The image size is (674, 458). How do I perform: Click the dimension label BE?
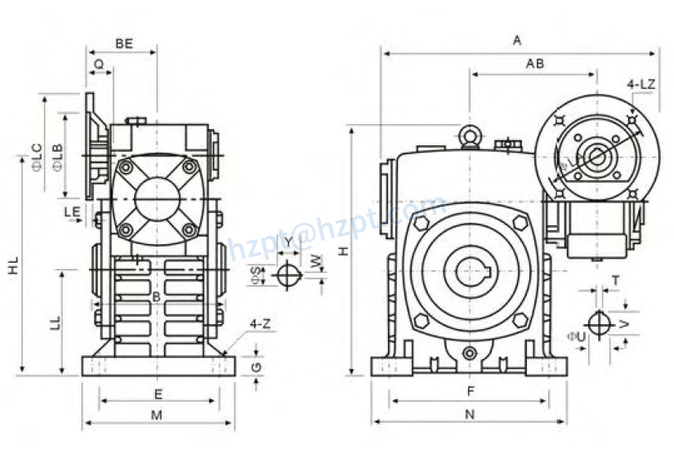tap(124, 44)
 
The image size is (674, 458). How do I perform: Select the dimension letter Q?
tap(99, 63)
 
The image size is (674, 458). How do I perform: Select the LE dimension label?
tap(72, 211)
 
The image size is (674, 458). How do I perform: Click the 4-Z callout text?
tap(261, 324)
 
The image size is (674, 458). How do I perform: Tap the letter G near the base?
tap(257, 367)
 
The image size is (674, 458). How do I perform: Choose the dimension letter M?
tap(157, 415)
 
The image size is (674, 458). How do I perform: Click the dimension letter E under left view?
tap(158, 394)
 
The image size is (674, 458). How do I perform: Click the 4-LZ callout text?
tap(640, 84)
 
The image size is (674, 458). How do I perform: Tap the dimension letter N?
tap(469, 414)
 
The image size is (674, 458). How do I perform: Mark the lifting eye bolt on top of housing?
tap(470, 136)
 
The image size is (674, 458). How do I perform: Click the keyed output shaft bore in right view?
tap(471, 272)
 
